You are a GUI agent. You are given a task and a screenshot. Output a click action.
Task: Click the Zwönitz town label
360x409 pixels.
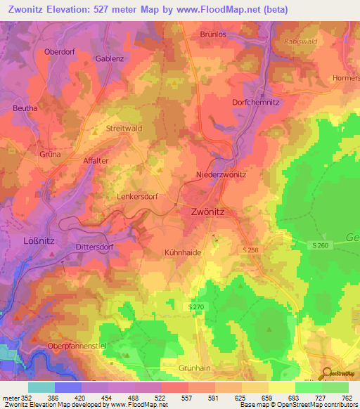[212, 210]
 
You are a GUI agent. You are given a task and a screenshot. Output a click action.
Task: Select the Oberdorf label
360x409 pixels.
[59, 51]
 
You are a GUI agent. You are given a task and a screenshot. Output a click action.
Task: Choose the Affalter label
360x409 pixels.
[96, 160]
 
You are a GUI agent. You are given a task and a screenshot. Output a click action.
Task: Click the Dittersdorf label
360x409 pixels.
[94, 247]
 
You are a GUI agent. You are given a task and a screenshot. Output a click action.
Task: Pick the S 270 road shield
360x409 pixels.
[196, 307]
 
